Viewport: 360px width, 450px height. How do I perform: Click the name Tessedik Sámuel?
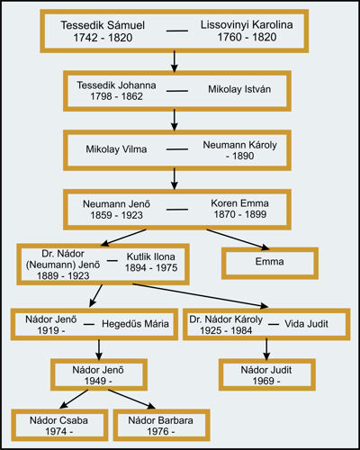103,25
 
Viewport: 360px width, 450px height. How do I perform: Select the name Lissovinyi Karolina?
247,24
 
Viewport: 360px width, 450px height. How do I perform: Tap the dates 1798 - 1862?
116,96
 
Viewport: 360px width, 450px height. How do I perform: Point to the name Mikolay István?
239,89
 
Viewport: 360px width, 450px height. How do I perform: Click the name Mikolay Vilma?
116,149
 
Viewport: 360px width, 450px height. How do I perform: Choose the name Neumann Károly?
240,145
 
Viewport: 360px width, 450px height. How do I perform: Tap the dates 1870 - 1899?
240,214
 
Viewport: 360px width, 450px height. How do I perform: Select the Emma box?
270,263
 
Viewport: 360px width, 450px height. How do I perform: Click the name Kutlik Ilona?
151,256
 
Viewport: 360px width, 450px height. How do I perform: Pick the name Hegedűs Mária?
135,324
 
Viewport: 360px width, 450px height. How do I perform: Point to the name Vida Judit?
306,324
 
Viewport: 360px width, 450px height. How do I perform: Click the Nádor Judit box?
267,374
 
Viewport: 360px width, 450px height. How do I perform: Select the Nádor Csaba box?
59,425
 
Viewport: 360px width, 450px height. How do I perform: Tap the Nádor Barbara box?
161,425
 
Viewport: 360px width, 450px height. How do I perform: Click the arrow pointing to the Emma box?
238,239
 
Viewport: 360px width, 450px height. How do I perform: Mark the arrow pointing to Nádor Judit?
266,349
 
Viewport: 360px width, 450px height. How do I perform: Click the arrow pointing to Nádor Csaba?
74,399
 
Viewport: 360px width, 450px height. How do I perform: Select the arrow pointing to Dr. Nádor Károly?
201,295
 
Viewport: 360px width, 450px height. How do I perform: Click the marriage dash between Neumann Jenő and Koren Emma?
177,210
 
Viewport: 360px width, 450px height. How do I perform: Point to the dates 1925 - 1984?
226,330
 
